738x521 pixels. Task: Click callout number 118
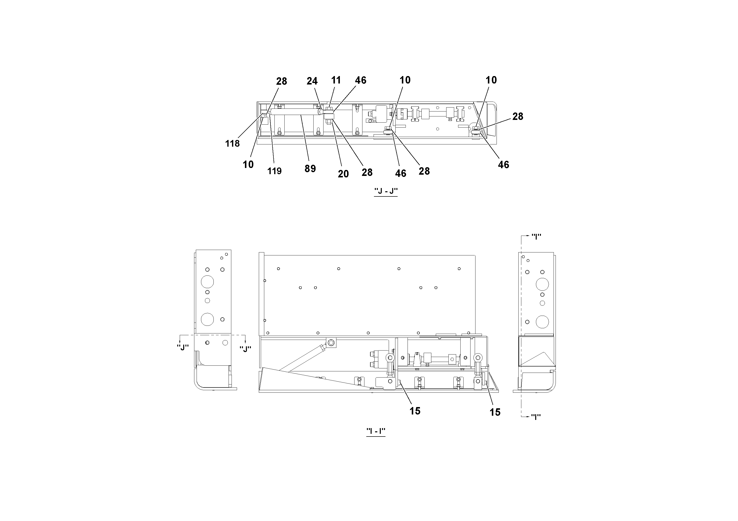(232, 144)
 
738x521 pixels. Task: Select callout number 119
(274, 171)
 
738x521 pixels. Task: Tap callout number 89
(310, 169)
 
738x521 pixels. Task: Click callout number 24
(312, 81)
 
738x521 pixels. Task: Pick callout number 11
(336, 80)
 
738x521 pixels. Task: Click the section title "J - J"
(386, 191)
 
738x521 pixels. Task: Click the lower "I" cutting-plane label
(535, 417)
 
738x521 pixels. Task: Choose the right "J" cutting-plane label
(245, 349)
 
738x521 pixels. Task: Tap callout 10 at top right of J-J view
(491, 80)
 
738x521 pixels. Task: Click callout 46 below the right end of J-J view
(503, 165)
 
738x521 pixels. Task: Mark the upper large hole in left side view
(207, 282)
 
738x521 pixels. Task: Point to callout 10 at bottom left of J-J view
(248, 165)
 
